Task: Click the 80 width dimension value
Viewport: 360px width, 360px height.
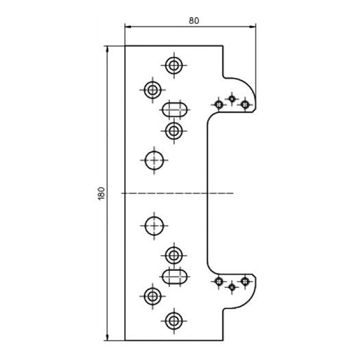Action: coord(194,21)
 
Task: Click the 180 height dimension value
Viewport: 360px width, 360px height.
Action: coord(101,193)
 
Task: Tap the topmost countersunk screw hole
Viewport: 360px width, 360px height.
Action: coord(173,65)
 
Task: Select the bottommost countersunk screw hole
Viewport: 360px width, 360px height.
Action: coord(173,321)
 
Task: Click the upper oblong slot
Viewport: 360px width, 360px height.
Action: coord(174,110)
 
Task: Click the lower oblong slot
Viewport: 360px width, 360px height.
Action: coord(174,276)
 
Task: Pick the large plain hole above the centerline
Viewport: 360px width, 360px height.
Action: coord(154,160)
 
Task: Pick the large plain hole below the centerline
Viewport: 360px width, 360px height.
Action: coord(154,226)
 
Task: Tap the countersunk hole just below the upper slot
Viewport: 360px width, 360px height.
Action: coord(173,131)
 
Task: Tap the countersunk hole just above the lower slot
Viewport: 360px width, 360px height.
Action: coord(173,255)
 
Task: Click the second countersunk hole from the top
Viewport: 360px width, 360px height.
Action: coord(152,90)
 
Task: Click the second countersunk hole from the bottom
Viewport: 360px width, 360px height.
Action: coord(152,296)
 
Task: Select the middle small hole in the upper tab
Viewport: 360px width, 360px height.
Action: coord(232,99)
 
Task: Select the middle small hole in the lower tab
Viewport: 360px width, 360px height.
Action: coord(232,287)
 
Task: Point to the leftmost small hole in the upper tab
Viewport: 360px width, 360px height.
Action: coord(219,105)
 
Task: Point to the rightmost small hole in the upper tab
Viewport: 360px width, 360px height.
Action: coord(245,105)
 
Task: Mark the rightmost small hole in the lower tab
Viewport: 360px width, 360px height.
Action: coord(245,281)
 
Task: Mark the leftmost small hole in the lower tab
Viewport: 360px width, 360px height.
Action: coord(219,281)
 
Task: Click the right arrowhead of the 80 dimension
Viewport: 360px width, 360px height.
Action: coord(253,27)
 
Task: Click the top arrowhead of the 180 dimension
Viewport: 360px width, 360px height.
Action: coord(107,49)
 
